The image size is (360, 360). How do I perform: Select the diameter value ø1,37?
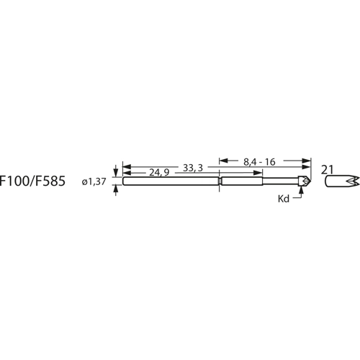coord(94,183)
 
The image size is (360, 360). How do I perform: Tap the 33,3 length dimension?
coord(192,167)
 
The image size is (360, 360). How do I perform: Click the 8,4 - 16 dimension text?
coord(259,161)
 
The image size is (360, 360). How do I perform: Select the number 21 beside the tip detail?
coord(328,170)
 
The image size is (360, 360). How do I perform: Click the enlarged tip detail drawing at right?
coord(341,181)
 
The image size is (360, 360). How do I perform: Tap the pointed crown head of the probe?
coord(306,181)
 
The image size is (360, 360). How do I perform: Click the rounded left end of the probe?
coord(125,182)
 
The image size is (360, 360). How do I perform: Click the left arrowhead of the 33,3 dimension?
coord(127,167)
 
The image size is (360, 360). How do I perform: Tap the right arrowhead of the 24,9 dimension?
coord(215,174)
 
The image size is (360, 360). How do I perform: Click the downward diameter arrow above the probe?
coord(114,175)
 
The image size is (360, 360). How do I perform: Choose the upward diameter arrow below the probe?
coord(114,189)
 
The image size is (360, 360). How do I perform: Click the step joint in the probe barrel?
coord(220,182)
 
